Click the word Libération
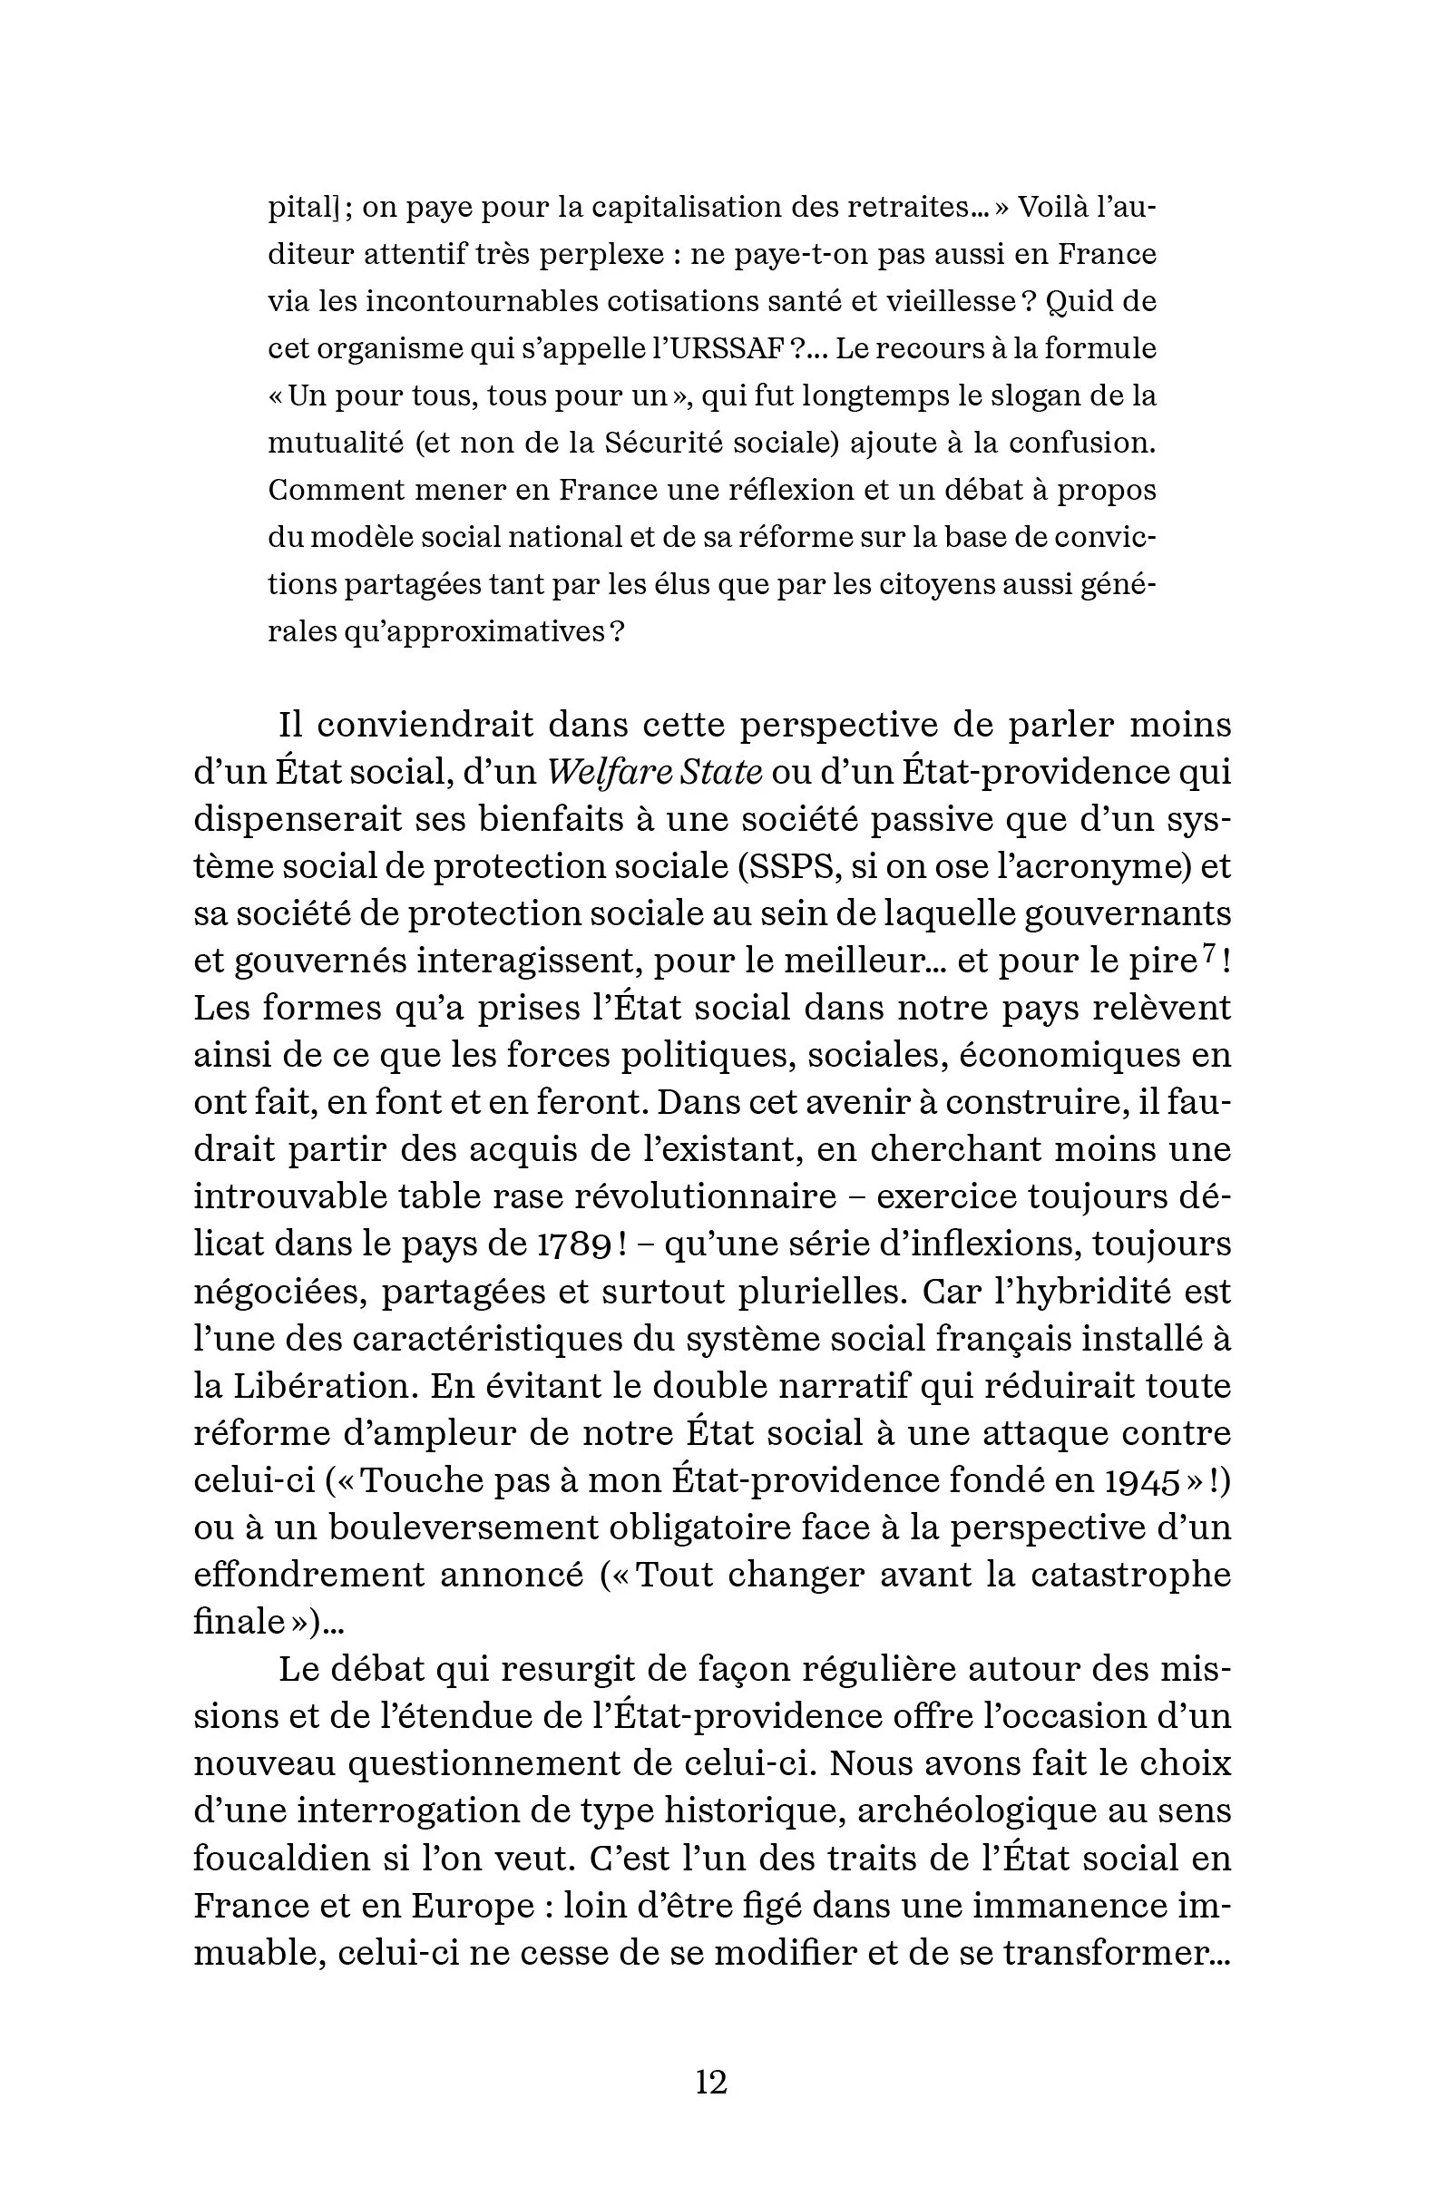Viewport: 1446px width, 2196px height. [x=319, y=1386]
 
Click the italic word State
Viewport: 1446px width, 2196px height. [x=719, y=771]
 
